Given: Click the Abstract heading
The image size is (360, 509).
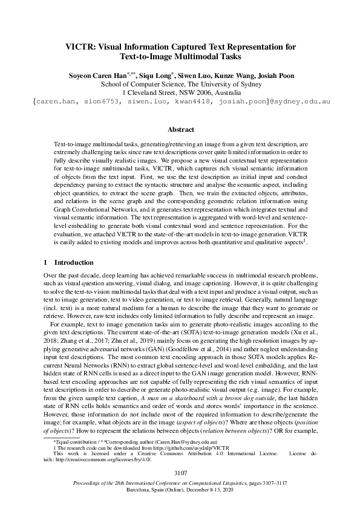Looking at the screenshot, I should click(x=180, y=129).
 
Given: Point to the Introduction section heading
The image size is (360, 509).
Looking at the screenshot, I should click(x=74, y=263).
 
